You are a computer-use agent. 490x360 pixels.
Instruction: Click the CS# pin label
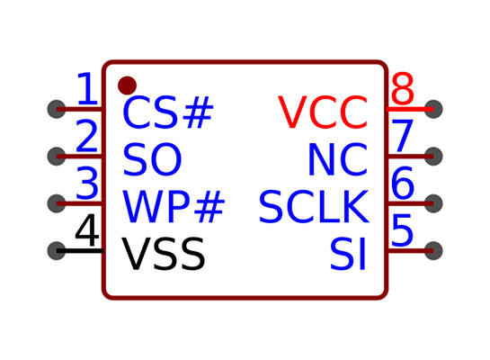pyautogui.click(x=168, y=112)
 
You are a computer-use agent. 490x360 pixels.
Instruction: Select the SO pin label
pyautogui.click(x=152, y=159)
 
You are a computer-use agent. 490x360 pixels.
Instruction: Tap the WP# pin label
pyautogui.click(x=174, y=206)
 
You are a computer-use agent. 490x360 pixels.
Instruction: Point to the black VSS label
pyautogui.click(x=164, y=253)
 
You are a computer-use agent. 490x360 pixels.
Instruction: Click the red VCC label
pyautogui.click(x=323, y=112)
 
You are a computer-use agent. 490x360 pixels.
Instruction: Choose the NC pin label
pyautogui.click(x=338, y=159)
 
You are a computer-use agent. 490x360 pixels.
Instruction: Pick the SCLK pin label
pyautogui.click(x=314, y=206)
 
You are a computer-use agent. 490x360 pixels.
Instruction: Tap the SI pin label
pyautogui.click(x=348, y=253)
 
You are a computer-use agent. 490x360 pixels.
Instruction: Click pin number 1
pyautogui.click(x=87, y=88)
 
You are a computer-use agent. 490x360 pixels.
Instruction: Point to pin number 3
pyautogui.click(x=87, y=183)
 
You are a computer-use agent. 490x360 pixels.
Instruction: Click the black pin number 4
pyautogui.click(x=87, y=229)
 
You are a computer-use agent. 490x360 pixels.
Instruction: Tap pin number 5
pyautogui.click(x=402, y=229)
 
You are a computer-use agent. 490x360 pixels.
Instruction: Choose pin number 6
pyautogui.click(x=403, y=183)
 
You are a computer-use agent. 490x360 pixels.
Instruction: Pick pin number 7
pyautogui.click(x=402, y=136)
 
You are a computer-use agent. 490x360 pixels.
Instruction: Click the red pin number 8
pyautogui.click(x=403, y=88)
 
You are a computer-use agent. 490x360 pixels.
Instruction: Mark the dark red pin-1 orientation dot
pyautogui.click(x=127, y=85)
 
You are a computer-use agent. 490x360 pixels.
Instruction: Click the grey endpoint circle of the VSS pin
pyautogui.click(x=57, y=250)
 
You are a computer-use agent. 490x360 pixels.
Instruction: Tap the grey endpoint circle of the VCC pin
pyautogui.click(x=433, y=109)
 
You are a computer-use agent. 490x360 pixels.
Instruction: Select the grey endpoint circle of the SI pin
pyautogui.click(x=433, y=250)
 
